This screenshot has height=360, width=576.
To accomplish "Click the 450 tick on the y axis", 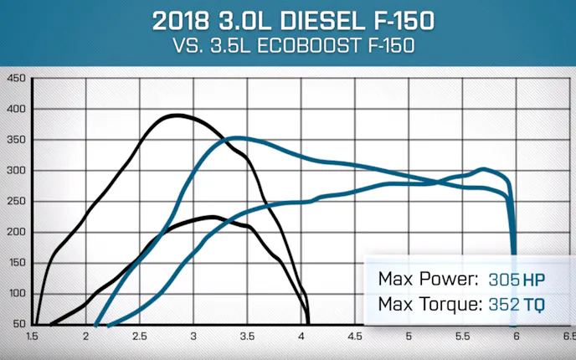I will click(16, 79).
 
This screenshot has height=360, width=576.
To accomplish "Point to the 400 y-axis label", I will click(16, 110).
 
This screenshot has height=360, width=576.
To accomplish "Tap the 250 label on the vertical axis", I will click(16, 202).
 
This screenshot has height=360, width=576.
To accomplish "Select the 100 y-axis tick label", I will click(16, 294).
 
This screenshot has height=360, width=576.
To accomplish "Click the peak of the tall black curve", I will click(175, 116).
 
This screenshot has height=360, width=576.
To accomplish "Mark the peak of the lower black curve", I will click(213, 217).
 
